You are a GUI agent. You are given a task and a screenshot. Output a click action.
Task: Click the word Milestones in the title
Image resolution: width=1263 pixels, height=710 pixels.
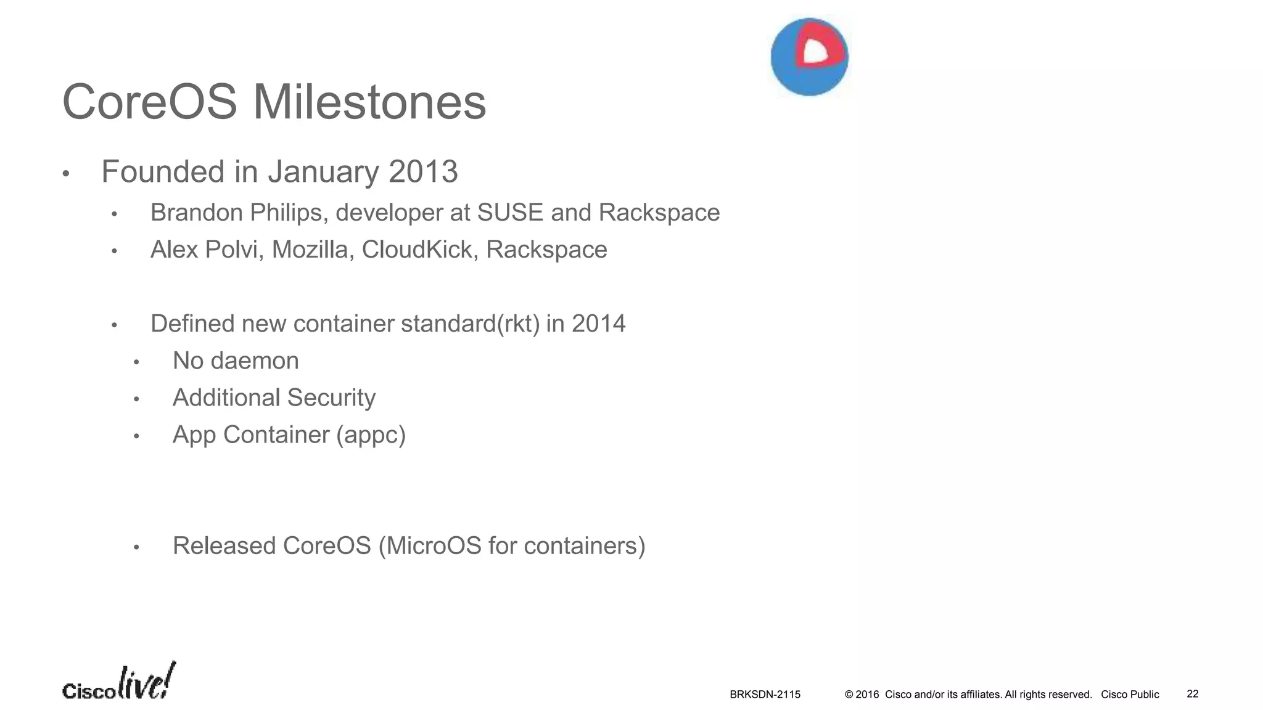point(369,102)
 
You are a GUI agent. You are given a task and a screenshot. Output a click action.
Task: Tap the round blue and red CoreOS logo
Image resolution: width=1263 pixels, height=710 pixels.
point(809,57)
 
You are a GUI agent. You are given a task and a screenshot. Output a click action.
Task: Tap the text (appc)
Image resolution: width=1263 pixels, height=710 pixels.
point(371,435)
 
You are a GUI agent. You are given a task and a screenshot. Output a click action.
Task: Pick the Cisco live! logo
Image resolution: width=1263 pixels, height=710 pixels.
point(118,682)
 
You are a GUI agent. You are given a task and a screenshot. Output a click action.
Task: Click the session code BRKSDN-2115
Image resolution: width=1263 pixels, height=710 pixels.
point(765,695)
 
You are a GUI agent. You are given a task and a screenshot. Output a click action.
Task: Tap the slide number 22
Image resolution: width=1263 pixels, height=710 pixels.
point(1192,694)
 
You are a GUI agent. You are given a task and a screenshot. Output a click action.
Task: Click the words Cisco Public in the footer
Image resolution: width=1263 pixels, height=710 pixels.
point(1130,695)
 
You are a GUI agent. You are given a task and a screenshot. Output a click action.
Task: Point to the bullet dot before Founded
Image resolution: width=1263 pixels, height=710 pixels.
point(66,174)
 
